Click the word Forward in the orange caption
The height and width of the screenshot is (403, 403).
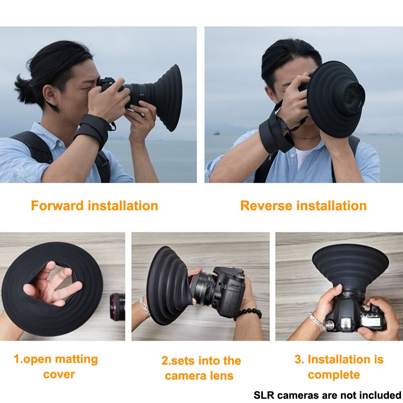[58, 206]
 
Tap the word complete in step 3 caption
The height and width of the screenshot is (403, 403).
[334, 375]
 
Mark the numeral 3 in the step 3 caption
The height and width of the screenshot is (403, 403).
[298, 360]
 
